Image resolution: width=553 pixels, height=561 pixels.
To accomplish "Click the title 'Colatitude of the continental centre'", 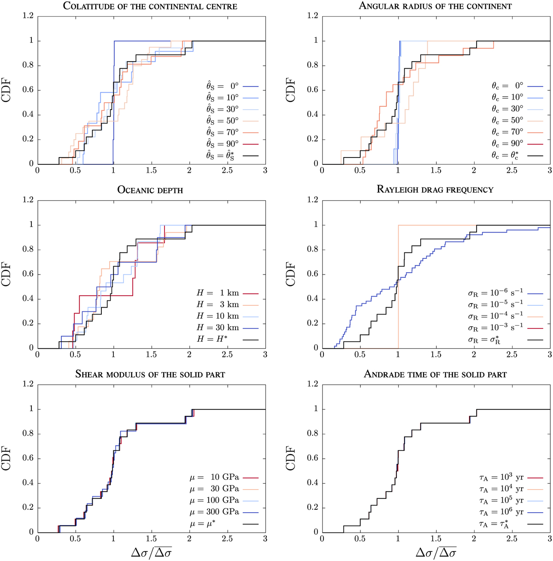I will coord(151,6).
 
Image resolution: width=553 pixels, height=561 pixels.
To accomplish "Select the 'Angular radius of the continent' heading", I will coord(435,6).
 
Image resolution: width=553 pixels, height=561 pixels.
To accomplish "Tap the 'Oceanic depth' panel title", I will coord(151,189).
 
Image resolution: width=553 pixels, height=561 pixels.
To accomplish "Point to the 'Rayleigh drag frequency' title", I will coord(435,189).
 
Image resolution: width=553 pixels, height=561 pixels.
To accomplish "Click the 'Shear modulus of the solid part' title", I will coord(151,374).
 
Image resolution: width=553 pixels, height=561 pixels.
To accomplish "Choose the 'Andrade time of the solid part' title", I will coord(435,374).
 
